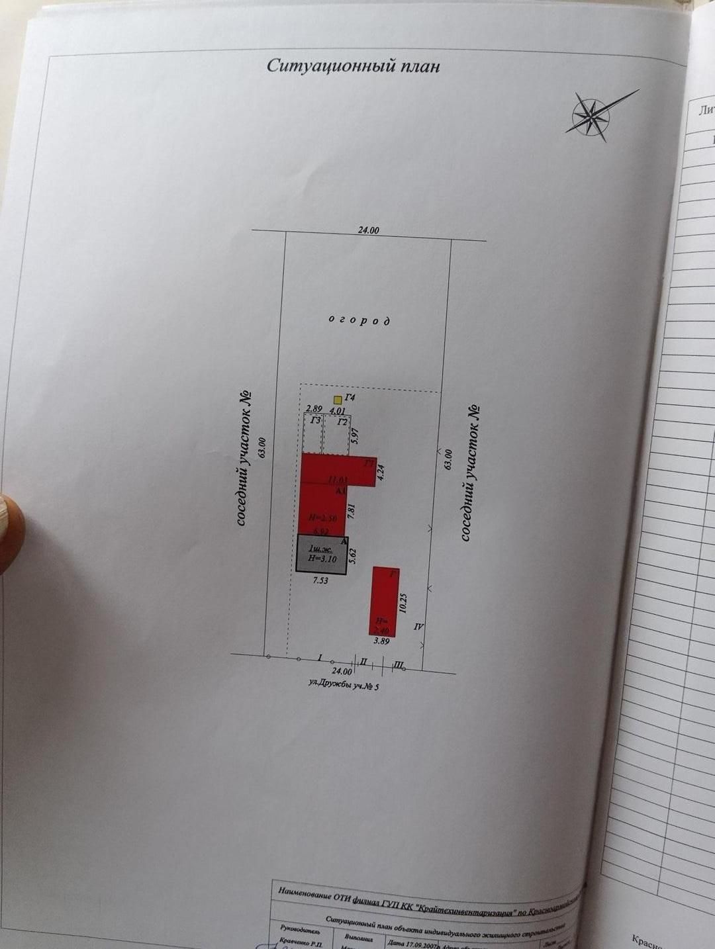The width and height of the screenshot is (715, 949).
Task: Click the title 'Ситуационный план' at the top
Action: (353, 66)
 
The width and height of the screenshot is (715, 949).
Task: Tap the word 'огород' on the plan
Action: (359, 320)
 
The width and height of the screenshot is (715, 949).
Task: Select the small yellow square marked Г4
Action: (338, 400)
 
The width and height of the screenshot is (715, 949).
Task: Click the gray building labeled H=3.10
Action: (321, 554)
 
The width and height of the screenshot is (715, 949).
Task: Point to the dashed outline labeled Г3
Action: (313, 433)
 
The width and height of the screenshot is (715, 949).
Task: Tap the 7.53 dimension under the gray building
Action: (320, 581)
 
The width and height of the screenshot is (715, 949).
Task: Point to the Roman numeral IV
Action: (418, 626)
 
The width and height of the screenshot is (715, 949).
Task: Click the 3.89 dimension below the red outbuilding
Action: (381, 641)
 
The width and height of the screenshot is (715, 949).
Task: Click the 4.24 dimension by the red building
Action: (380, 472)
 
